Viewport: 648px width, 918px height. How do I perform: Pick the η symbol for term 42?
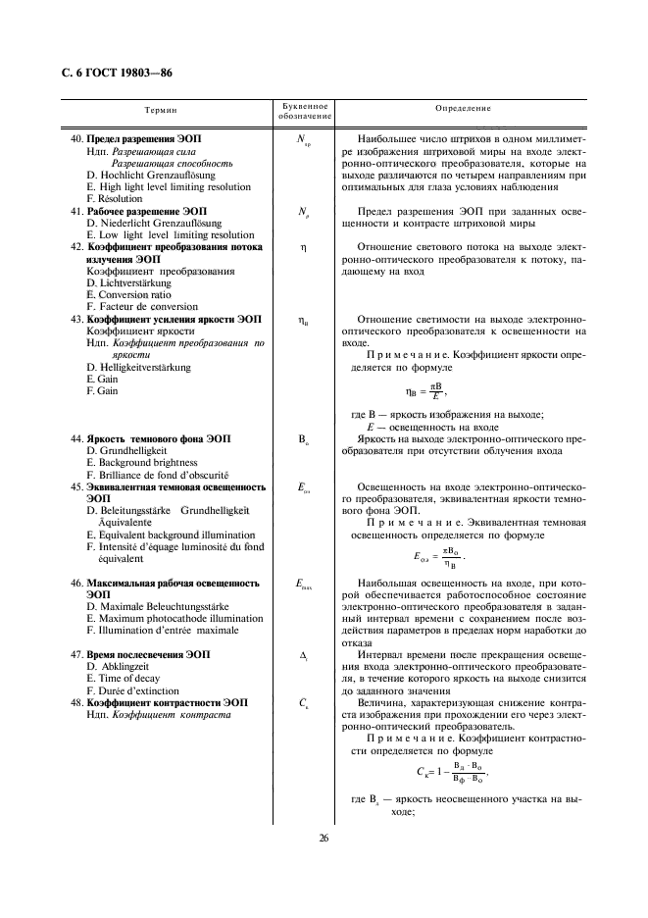pyautogui.click(x=304, y=248)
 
